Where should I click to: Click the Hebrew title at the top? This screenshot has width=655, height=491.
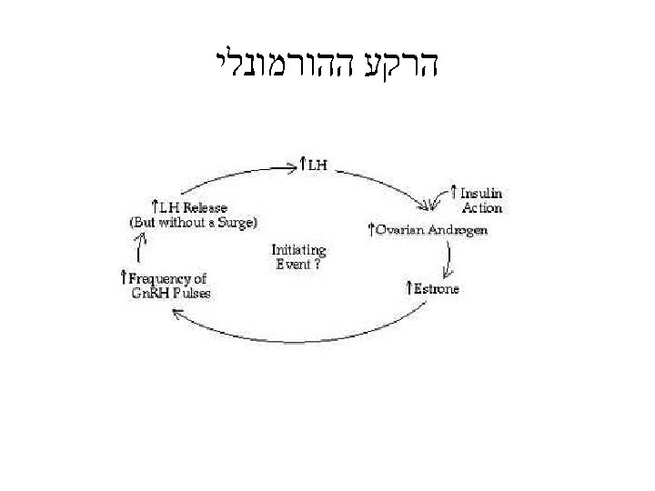click(328, 65)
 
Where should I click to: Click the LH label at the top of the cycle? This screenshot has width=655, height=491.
click(317, 165)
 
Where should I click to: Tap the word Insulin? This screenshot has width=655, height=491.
click(481, 194)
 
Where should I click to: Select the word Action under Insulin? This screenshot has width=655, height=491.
click(481, 207)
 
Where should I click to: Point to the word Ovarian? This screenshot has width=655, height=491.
click(401, 230)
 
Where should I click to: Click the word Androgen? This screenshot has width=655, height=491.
click(458, 230)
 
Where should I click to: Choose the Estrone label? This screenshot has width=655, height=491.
click(437, 289)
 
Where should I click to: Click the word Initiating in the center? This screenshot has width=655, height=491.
click(298, 250)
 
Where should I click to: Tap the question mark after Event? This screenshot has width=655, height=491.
click(316, 265)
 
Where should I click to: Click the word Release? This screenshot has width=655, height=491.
click(204, 208)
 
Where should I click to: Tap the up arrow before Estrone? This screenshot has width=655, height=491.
click(409, 288)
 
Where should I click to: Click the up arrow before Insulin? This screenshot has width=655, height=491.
click(454, 193)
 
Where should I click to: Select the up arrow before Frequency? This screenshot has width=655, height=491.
click(124, 276)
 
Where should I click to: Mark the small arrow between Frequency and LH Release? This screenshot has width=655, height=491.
click(141, 247)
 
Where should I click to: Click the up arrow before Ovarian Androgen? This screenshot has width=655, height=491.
click(370, 228)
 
